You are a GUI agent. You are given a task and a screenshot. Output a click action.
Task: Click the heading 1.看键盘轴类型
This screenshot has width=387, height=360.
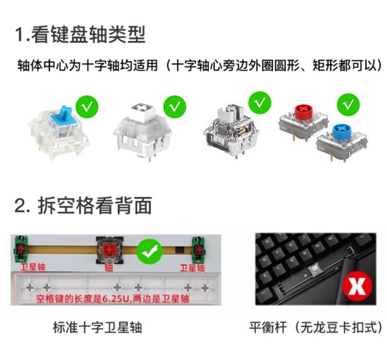(x=81, y=34)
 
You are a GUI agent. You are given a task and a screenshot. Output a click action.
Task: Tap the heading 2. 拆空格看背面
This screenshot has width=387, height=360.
(x=83, y=205)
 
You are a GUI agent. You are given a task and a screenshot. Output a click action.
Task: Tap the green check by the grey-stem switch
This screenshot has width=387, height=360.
(x=258, y=102)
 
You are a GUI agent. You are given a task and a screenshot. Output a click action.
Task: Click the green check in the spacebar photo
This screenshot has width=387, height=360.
(x=150, y=253)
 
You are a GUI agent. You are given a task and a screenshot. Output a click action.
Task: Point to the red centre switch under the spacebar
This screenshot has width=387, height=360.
(x=108, y=251)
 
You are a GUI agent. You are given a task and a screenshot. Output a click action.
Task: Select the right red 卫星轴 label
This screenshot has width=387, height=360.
(x=191, y=267)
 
